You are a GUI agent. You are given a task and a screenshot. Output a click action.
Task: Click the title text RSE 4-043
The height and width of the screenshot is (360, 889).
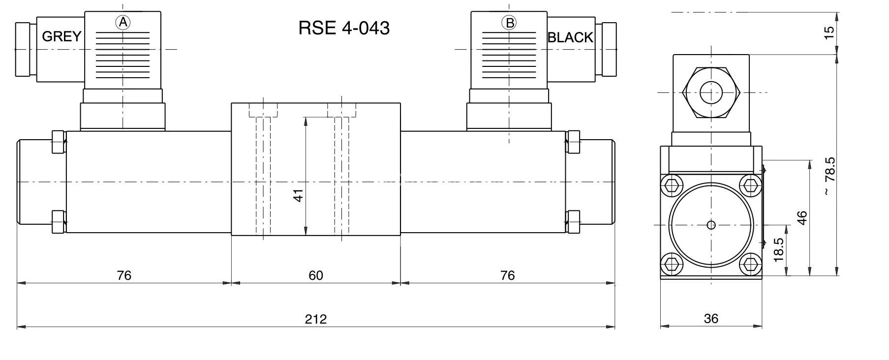(344, 28)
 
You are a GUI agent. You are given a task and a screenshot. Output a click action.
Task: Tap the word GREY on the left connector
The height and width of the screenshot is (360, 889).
(61, 37)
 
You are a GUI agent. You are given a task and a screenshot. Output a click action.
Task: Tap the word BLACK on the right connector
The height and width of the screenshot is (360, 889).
(570, 37)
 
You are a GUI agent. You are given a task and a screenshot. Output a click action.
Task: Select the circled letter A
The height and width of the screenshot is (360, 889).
(123, 22)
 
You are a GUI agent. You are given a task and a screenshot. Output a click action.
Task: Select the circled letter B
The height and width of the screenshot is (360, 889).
(509, 23)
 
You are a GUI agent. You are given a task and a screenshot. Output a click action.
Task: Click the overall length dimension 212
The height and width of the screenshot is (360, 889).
(315, 319)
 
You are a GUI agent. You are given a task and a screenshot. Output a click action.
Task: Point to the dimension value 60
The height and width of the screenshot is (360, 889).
(315, 275)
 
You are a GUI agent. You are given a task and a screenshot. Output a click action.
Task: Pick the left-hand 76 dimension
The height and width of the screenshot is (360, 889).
(124, 275)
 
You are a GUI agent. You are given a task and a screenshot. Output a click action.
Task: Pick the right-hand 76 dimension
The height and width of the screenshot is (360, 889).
(507, 275)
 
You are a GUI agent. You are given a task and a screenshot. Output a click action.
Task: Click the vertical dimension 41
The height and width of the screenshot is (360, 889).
(298, 195)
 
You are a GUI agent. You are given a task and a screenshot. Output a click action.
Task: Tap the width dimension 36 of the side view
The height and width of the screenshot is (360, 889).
(711, 319)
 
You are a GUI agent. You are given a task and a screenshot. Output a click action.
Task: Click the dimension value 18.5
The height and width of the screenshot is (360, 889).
(778, 250)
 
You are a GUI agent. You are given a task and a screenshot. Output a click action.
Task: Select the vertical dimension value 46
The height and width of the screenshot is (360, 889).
(802, 217)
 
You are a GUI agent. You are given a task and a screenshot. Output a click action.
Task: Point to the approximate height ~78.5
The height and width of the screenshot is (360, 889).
(829, 176)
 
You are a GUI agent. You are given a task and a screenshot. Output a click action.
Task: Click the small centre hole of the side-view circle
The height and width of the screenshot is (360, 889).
(711, 225)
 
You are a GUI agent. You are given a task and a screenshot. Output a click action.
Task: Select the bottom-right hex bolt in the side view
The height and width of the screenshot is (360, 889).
(750, 266)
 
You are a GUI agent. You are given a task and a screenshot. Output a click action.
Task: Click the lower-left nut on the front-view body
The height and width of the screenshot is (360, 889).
(59, 222)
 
